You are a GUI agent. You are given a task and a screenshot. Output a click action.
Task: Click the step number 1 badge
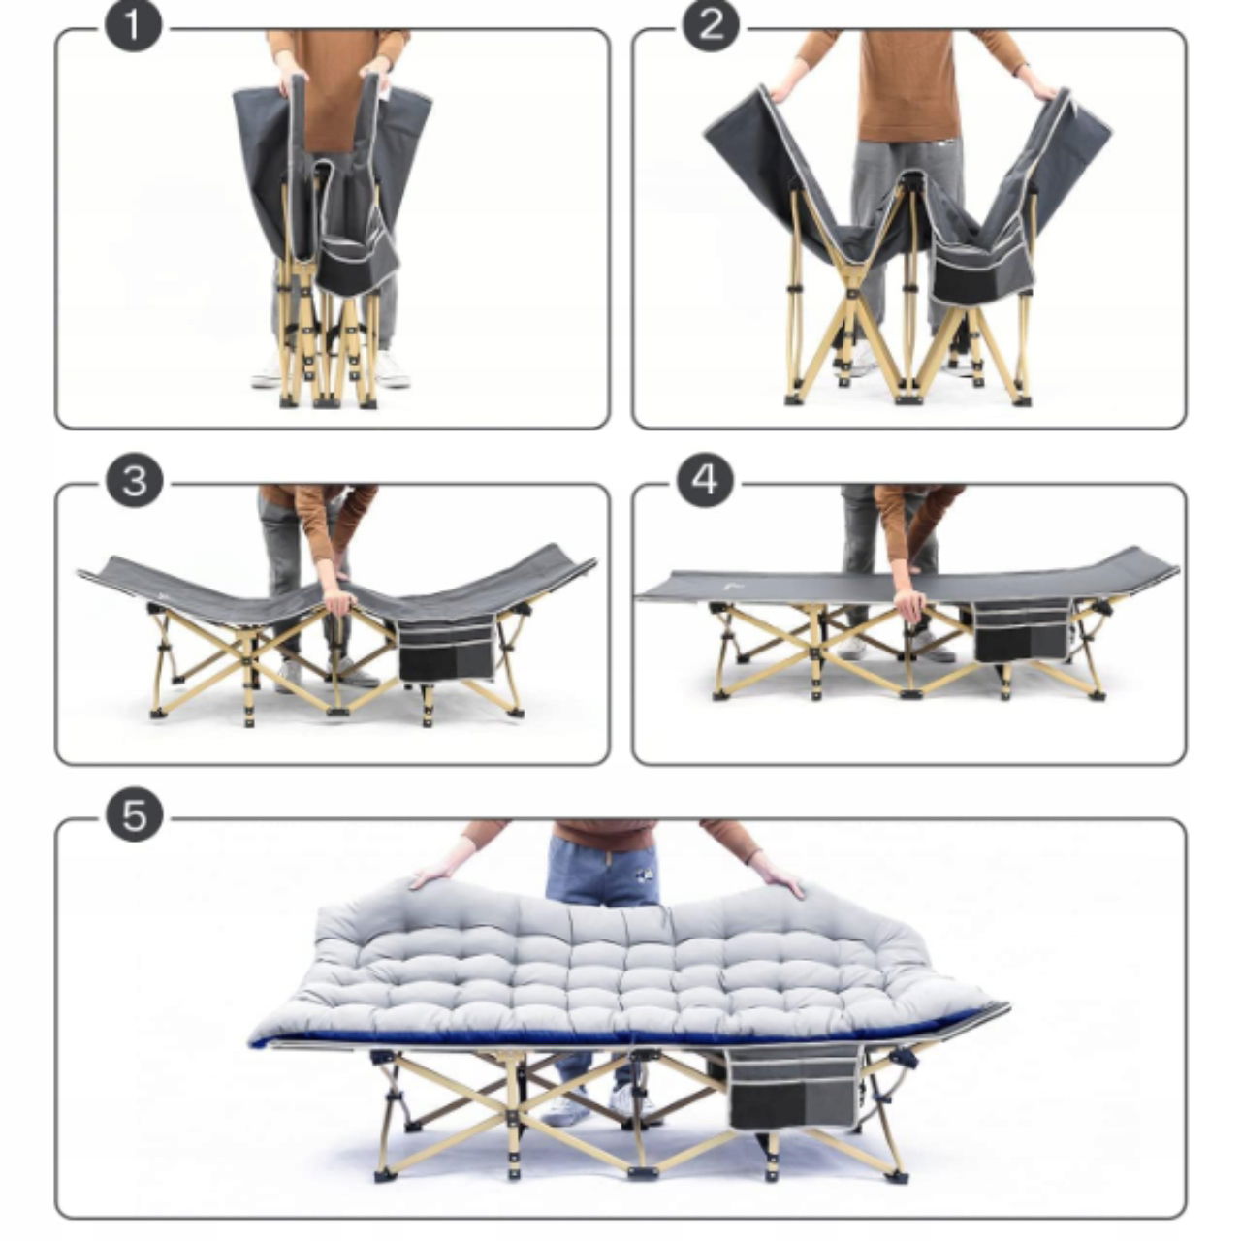[x=133, y=26]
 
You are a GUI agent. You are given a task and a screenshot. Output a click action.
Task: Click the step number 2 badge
[x=711, y=26]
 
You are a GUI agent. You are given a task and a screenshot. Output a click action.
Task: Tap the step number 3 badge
[x=134, y=482]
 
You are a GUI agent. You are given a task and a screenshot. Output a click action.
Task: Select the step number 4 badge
[x=707, y=481]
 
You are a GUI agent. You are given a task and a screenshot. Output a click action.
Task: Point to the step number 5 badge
[x=134, y=815]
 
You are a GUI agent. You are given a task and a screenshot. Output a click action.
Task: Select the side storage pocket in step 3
[x=448, y=648]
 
